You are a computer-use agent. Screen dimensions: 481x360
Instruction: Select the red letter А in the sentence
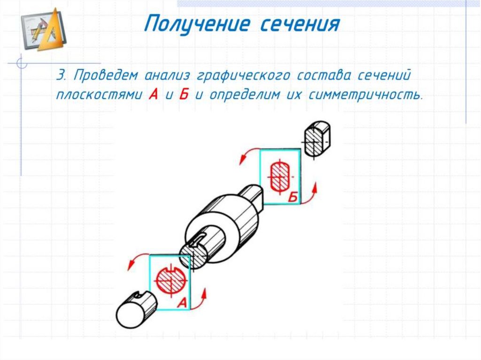(153, 94)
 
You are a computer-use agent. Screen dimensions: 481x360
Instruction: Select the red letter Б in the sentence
(184, 94)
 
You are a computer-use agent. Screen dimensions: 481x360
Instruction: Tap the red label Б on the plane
(293, 198)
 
